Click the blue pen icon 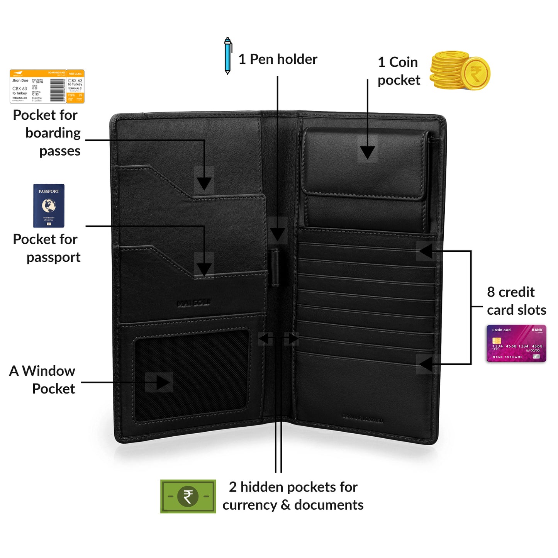228,56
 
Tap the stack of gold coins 460,71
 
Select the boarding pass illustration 47,86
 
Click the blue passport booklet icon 49,205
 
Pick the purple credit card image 516,343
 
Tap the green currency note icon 188,496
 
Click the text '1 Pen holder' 278,59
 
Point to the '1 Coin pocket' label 399,71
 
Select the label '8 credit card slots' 516,301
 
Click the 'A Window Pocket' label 42,380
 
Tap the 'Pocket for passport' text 46,248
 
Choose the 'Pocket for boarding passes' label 47,133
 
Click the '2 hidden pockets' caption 293,496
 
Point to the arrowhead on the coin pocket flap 367,152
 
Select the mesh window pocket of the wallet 192,375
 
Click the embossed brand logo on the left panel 194,303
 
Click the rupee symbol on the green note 188,497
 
